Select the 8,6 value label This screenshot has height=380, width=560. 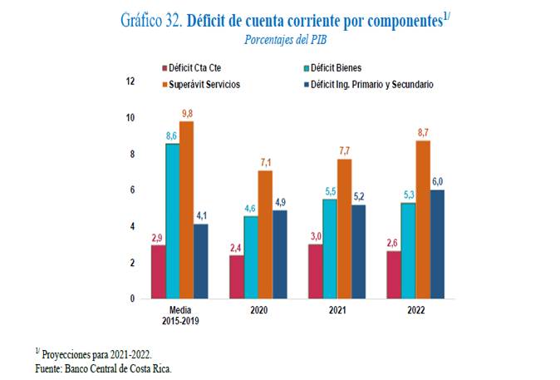[x=172, y=135]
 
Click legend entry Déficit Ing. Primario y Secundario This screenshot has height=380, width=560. [x=371, y=85]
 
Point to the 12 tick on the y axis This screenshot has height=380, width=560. [x=130, y=81]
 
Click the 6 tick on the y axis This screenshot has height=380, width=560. [x=130, y=190]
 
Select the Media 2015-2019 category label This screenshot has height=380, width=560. [x=179, y=315]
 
